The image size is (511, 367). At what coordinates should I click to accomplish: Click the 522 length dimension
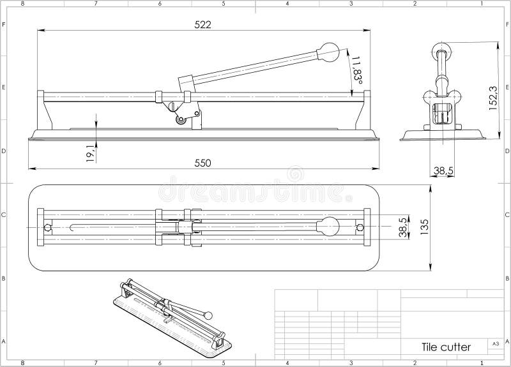[202, 24]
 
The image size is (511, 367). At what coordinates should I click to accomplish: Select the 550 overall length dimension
[202, 163]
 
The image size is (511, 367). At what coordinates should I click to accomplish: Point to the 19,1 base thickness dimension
[90, 153]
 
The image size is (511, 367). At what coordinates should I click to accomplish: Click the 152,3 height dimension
[492, 99]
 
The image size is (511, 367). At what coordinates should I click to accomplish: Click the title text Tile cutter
[446, 347]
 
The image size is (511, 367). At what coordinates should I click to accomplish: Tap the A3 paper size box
[494, 343]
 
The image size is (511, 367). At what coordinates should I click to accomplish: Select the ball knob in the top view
[329, 227]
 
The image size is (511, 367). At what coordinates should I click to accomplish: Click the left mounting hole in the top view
[47, 227]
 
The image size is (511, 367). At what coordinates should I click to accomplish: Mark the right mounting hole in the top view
[360, 227]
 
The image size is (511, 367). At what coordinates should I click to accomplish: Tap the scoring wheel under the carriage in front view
[181, 120]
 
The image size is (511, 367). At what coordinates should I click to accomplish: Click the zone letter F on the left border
[4, 25]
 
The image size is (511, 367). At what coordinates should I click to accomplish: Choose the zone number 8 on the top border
[22, 4]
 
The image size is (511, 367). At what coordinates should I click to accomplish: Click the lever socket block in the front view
[185, 84]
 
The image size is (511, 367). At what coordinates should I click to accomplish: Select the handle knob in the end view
[440, 50]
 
